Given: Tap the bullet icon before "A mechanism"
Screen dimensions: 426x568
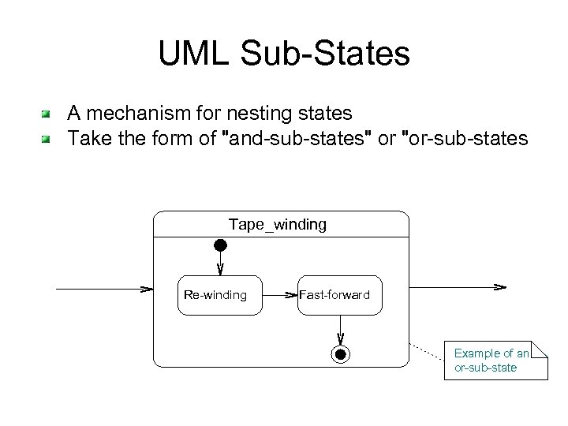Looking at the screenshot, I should tap(47, 114).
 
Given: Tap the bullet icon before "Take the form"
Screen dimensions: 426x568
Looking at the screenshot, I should tap(47, 140).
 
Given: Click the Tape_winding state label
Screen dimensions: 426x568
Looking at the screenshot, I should tap(277, 225).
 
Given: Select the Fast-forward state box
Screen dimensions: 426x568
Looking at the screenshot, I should tap(339, 295).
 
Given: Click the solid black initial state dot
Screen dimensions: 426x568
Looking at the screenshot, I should tap(221, 245).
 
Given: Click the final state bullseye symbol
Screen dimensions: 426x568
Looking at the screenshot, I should tap(340, 354).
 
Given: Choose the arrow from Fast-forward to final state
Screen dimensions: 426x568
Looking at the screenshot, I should tap(340, 330).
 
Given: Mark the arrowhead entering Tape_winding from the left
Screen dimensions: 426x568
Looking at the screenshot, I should tap(146, 289).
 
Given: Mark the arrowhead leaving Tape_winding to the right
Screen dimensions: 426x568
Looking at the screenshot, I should tap(499, 286).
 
